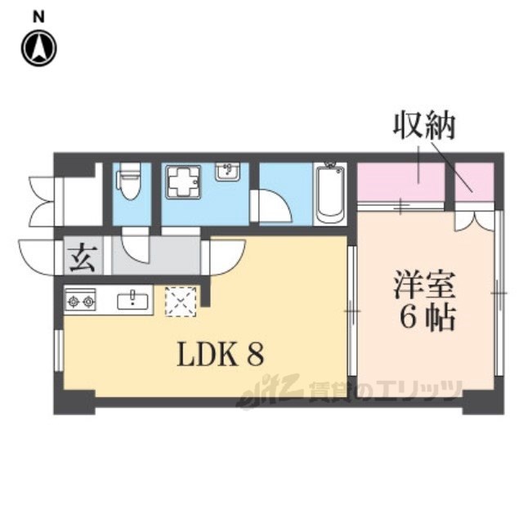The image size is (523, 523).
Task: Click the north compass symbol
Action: tap(39, 48)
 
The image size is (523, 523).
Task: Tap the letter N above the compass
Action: tap(39, 16)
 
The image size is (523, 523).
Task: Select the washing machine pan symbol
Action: tap(183, 182)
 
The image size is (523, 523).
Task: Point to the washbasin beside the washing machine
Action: tap(227, 172)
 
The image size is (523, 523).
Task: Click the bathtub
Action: tap(330, 194)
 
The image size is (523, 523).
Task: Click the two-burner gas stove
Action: tap(80, 301)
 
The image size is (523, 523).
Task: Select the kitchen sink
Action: tap(132, 300)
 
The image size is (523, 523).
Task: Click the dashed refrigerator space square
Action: tap(181, 302)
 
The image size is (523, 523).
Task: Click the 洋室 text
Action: tap(424, 284)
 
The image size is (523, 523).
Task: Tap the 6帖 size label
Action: tap(427, 317)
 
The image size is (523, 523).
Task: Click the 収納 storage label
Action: tap(424, 127)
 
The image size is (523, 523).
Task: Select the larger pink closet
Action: tap(401, 181)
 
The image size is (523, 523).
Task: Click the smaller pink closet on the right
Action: tap(475, 181)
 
